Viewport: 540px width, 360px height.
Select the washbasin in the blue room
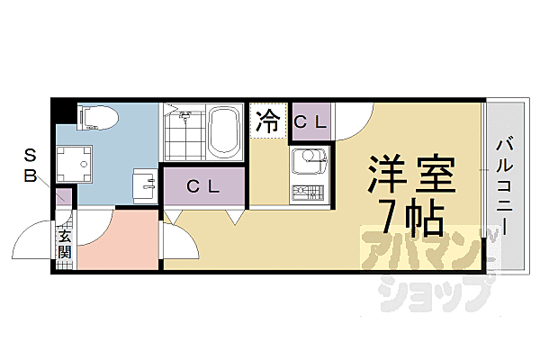(x=144, y=184)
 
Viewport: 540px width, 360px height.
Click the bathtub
(x=222, y=131)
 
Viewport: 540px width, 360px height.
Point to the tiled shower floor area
(x=184, y=133)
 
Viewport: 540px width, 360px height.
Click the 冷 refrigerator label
(x=268, y=121)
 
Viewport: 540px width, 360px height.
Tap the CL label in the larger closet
(x=203, y=186)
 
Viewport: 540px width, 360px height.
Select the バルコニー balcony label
(x=504, y=184)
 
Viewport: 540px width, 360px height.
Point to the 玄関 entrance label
(x=65, y=242)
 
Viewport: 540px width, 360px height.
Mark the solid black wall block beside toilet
(x=59, y=112)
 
